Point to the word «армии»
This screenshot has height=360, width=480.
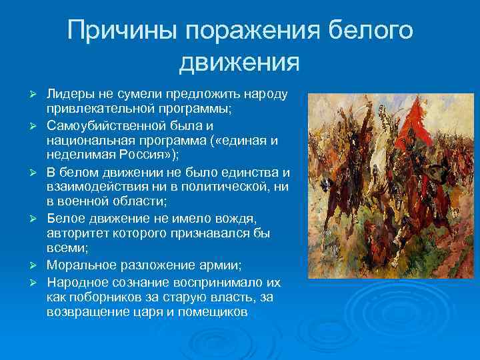coord(207,265)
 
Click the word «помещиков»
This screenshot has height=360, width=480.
coord(213,311)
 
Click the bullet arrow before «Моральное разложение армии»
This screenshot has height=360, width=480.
coord(39,265)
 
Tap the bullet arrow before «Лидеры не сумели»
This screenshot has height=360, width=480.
coord(39,93)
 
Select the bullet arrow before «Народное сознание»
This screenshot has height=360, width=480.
coord(39,281)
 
